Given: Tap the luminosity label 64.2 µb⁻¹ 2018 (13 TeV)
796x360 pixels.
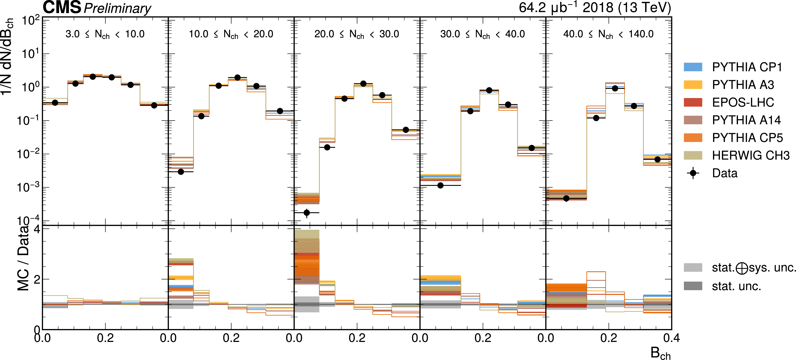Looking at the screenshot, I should (595, 7).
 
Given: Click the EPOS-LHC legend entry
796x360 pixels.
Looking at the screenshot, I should (743, 102).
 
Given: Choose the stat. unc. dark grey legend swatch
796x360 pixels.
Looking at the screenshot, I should (693, 286).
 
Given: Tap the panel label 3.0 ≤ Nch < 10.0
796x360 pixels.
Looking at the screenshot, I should (105, 34).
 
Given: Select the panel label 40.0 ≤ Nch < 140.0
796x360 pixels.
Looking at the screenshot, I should (608, 34).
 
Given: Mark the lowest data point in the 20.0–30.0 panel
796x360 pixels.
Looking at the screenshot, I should (307, 213).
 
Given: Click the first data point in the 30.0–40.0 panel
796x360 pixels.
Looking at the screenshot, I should (440, 185).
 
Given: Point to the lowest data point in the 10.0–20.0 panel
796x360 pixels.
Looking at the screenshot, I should (181, 171).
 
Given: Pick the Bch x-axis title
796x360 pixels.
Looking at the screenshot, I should (660, 353).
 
